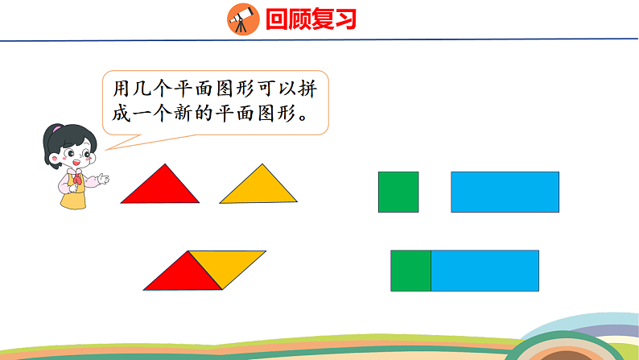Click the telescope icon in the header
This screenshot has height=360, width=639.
(x=241, y=18)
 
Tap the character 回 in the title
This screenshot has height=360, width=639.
(x=278, y=19)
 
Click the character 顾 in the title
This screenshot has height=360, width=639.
(x=299, y=19)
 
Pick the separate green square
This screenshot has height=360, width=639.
(x=398, y=192)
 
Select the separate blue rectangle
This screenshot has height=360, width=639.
(x=505, y=192)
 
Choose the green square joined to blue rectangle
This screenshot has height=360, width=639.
(x=410, y=271)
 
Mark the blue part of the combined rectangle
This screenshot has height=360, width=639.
(x=484, y=271)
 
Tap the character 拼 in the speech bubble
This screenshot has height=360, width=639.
(x=318, y=86)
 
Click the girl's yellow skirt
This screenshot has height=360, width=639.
(x=73, y=200)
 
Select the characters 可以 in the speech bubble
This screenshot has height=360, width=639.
(x=285, y=86)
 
